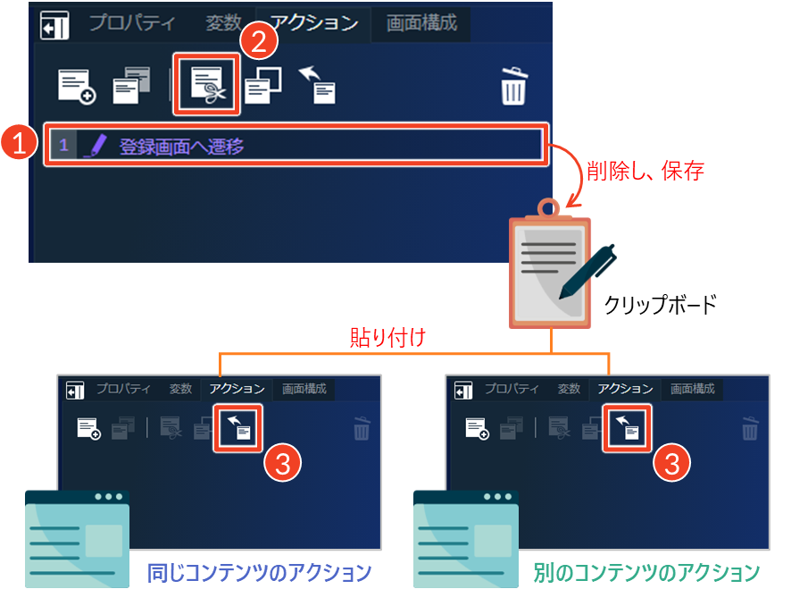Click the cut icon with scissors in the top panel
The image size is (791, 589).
206,84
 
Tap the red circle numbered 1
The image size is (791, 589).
19,142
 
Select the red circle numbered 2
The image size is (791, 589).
259,41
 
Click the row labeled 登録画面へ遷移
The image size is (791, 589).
296,146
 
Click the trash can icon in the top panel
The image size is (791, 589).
514,87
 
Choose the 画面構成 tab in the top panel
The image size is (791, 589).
421,23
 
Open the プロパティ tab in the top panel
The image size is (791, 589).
132,23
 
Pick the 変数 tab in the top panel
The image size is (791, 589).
223,23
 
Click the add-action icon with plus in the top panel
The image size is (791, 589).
77,87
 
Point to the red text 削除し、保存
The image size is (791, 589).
645,171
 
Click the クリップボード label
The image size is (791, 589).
661,305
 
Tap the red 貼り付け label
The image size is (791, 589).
388,337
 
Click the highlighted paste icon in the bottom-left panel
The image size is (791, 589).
238,428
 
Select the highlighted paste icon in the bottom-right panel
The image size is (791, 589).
627,428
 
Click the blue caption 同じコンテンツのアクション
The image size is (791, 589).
259,573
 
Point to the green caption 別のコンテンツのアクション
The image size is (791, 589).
646,573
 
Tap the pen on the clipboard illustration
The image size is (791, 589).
587,272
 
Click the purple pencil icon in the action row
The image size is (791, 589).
96,146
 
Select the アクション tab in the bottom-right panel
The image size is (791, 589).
625,389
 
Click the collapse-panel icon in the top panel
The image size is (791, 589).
54,25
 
